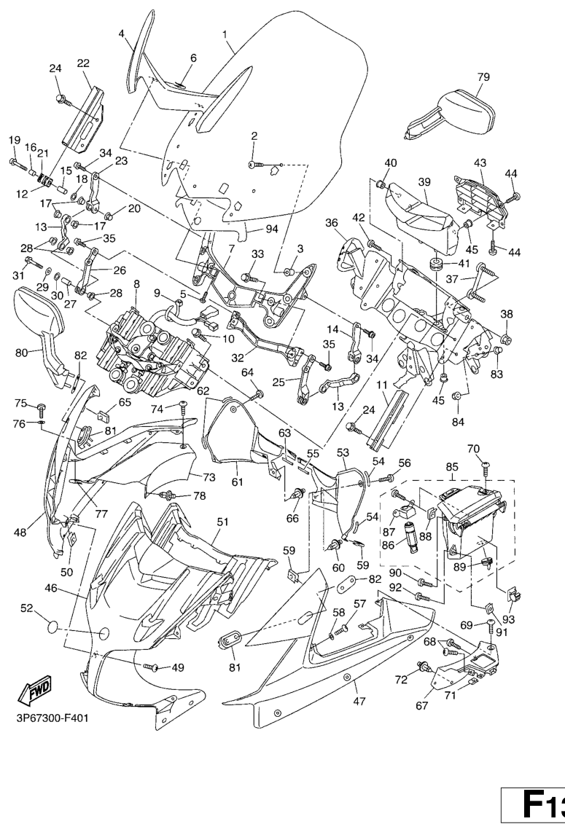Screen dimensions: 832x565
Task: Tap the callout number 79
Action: coord(483,76)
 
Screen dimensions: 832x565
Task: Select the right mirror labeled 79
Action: coord(456,113)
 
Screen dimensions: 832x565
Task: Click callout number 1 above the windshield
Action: coord(225,34)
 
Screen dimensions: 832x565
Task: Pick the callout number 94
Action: coord(252,229)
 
